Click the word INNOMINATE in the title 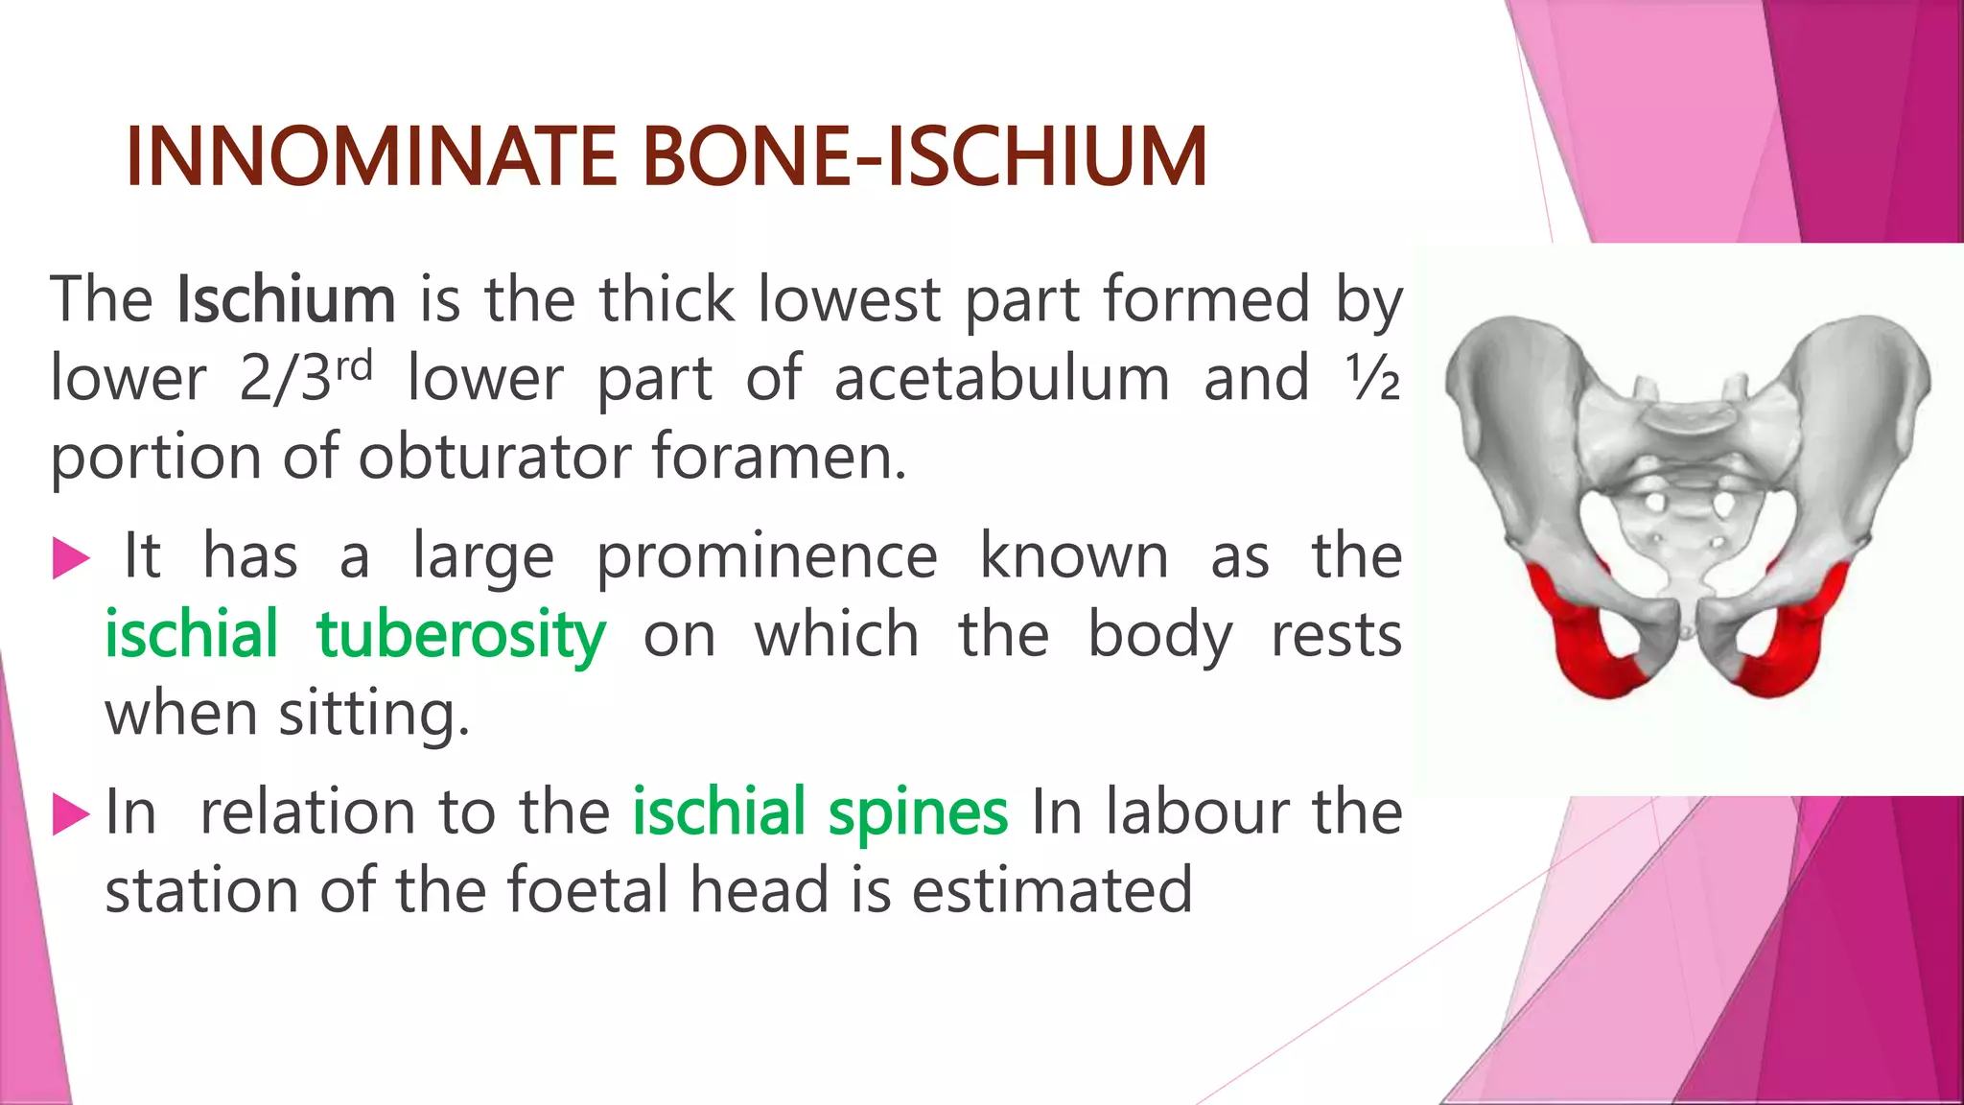point(371,156)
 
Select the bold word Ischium point(286,299)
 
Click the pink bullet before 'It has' point(70,558)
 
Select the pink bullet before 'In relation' point(70,813)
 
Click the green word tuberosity point(461,635)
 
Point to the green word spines point(918,812)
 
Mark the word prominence point(767,557)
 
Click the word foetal point(587,890)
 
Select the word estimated point(1052,890)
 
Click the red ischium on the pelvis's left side point(1582,643)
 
